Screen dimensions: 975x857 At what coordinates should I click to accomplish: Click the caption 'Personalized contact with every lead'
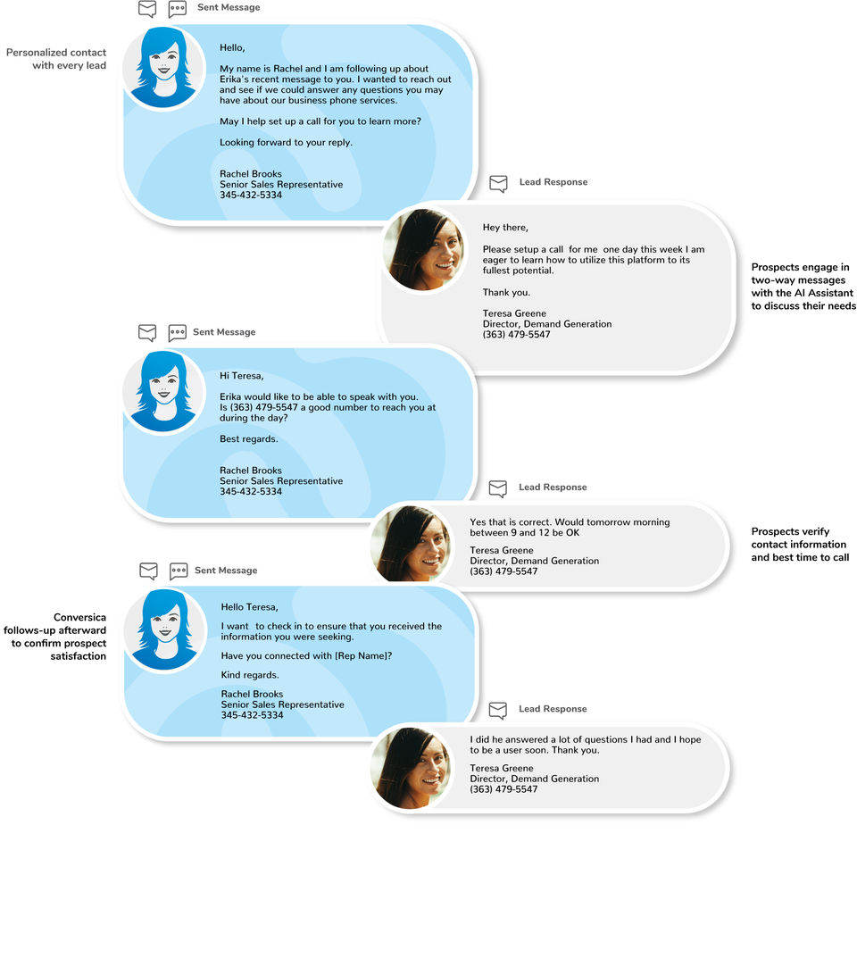point(56,59)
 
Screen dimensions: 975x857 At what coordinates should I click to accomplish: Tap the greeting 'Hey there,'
point(505,228)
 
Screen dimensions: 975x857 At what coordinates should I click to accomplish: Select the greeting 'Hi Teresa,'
point(241,376)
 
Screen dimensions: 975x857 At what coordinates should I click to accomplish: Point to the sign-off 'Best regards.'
point(249,439)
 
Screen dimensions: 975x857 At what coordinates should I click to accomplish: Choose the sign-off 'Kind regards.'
point(250,675)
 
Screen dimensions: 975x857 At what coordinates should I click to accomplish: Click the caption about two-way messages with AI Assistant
point(803,287)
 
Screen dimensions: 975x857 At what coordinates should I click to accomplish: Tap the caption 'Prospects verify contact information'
point(799,545)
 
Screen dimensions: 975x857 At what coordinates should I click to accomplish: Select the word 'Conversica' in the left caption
point(79,618)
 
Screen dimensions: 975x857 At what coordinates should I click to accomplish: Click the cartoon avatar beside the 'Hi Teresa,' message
point(163,391)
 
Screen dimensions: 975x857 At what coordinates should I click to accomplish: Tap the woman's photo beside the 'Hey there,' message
point(423,249)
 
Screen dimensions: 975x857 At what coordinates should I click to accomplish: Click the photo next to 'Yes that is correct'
point(410,544)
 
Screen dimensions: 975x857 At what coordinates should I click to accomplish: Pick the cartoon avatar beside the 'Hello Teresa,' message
point(164,629)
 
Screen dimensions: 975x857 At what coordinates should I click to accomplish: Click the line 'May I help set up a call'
point(320,121)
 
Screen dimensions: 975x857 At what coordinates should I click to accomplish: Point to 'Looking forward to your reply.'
point(286,143)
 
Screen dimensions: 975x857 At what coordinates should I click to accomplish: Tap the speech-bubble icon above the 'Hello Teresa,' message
point(179,571)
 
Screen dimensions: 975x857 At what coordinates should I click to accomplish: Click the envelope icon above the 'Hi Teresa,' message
point(147,332)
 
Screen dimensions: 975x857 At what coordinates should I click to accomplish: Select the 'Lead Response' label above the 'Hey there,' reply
point(553,182)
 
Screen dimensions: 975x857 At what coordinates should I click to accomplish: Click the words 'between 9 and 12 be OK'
point(524,533)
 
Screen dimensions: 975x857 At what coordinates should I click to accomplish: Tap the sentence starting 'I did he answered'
point(585,745)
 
